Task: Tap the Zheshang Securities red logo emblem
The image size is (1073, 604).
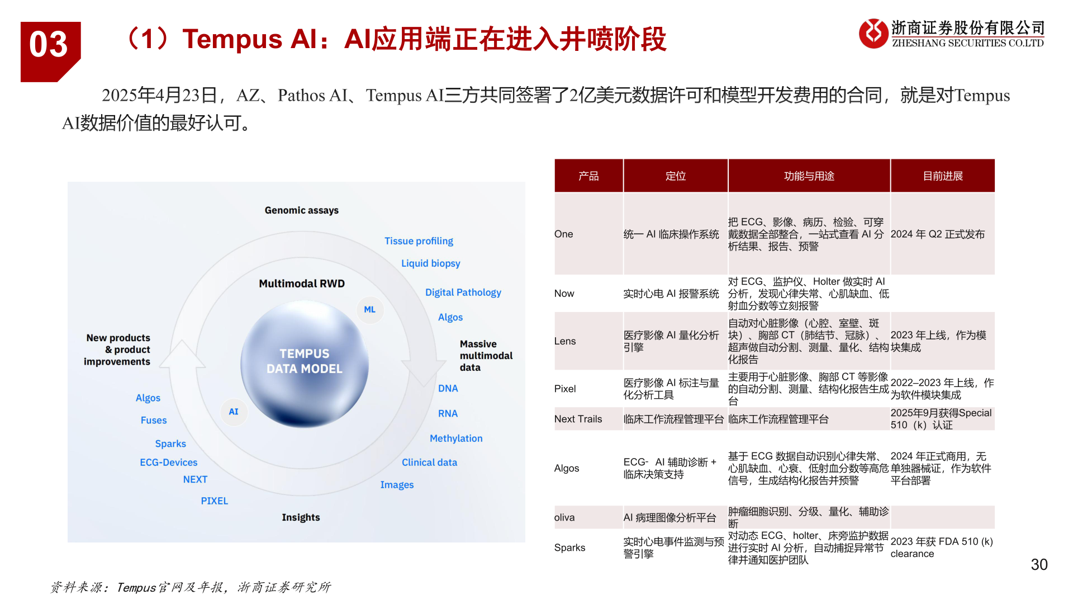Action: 873,34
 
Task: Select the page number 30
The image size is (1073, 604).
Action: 1039,564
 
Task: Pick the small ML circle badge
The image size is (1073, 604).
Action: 369,309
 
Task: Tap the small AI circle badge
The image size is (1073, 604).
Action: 234,412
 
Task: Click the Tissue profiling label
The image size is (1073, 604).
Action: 419,241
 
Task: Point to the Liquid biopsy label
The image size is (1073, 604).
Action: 430,263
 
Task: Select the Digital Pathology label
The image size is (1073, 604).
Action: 463,292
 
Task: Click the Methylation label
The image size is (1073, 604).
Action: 456,438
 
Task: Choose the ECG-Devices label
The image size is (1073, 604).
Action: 168,463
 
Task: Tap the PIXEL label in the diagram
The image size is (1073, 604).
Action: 214,501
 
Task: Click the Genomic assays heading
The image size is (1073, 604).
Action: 301,210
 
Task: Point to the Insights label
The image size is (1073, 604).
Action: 301,517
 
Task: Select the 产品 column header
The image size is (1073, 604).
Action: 588,176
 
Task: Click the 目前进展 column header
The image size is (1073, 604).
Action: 942,176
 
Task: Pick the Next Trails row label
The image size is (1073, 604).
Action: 578,419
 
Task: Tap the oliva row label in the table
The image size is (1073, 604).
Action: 564,517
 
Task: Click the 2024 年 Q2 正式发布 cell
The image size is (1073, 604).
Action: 937,234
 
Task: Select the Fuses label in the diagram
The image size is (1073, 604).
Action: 154,420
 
